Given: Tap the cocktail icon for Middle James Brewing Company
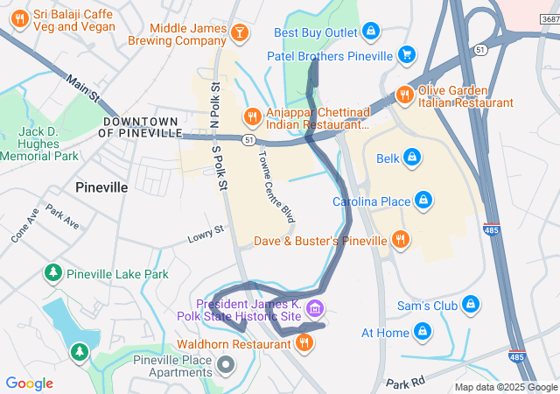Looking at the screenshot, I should tap(240, 32).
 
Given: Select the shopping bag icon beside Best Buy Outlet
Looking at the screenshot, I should tap(371, 32).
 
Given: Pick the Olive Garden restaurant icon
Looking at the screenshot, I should tap(403, 94).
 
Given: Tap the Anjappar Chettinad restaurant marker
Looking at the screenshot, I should tap(252, 116).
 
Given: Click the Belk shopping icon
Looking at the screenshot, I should tap(411, 158).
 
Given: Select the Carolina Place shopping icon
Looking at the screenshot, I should tap(423, 201).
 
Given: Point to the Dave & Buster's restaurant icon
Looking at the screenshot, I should tap(400, 239).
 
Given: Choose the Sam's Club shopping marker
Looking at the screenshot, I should tap(472, 305).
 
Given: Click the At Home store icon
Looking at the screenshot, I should tap(423, 332).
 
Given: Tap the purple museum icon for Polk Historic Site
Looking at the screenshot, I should tap(315, 307).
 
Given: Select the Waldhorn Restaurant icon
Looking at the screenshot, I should tap(304, 343).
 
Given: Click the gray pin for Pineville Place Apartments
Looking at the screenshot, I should tap(226, 362).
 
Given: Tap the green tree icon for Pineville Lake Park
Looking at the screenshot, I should tap(54, 274).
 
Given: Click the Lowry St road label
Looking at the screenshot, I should tap(206, 236).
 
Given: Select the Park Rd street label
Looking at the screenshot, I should tap(404, 383).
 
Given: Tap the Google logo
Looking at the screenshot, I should tap(30, 383).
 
